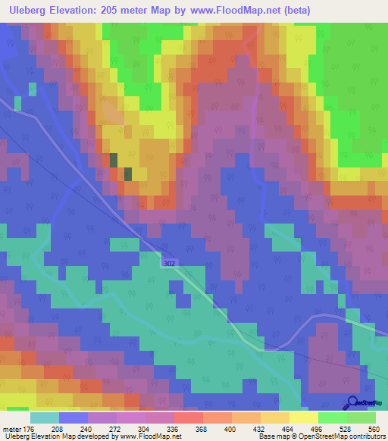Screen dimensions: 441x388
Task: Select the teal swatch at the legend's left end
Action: [x=45, y=418]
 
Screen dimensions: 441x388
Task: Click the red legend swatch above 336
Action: [x=188, y=418]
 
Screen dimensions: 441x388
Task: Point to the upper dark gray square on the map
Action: [x=114, y=160]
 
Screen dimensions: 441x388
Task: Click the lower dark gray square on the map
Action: [x=127, y=174]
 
